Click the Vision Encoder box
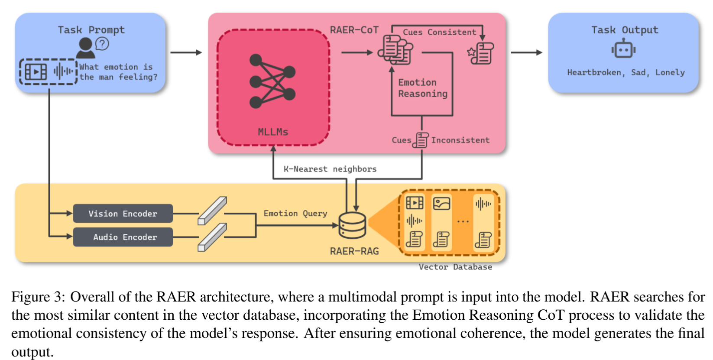[x=123, y=214]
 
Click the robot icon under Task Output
[x=623, y=49]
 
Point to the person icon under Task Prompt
[x=86, y=47]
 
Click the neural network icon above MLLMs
[x=272, y=81]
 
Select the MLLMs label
[x=273, y=132]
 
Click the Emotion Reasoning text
[x=422, y=88]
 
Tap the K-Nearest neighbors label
[x=330, y=169]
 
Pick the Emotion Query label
[x=295, y=213]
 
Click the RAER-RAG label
[x=354, y=251]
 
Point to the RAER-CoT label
[x=354, y=30]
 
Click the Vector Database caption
[x=455, y=267]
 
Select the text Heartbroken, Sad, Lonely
[x=625, y=72]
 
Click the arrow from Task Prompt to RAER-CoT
[x=186, y=52]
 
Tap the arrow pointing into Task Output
[x=526, y=52]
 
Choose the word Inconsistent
[x=460, y=140]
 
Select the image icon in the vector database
[x=441, y=203]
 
